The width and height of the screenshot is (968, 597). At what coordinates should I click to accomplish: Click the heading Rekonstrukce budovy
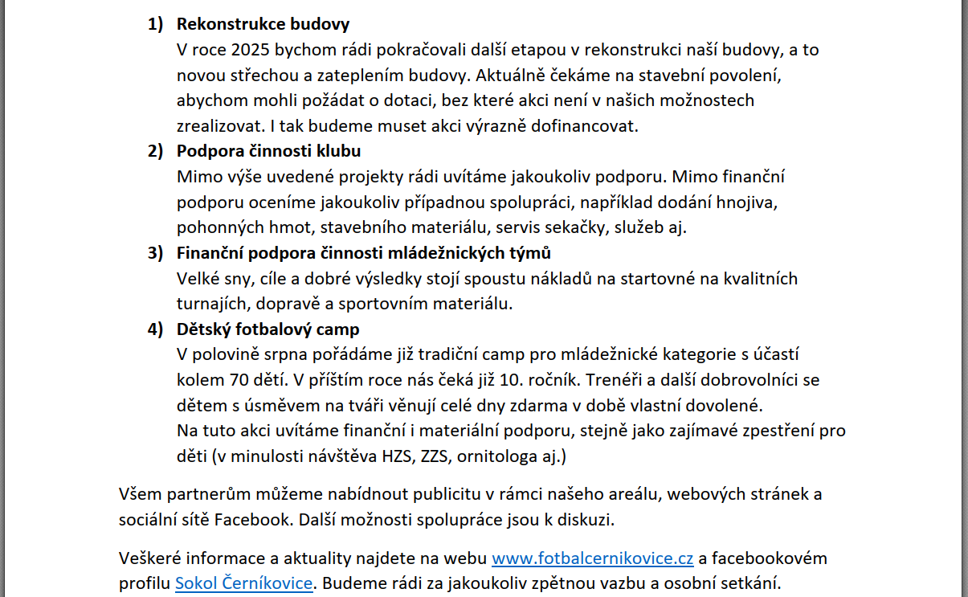pos(263,24)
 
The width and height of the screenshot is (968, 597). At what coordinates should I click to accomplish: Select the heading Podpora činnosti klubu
pos(268,151)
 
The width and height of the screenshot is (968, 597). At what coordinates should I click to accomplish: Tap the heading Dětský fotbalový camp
pos(268,329)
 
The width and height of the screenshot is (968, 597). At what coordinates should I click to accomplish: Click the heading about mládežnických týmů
pos(363,253)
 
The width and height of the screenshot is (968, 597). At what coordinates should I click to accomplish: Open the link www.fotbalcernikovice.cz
pos(592,558)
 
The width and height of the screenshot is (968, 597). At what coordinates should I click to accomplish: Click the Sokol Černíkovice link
pos(243,583)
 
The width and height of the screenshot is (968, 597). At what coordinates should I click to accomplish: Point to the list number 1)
pos(155,24)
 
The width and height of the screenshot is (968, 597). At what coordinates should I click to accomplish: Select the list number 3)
pos(155,253)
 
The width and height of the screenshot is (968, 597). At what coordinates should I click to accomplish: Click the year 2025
pos(251,50)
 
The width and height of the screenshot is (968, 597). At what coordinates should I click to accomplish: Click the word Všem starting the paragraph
pos(137,493)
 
